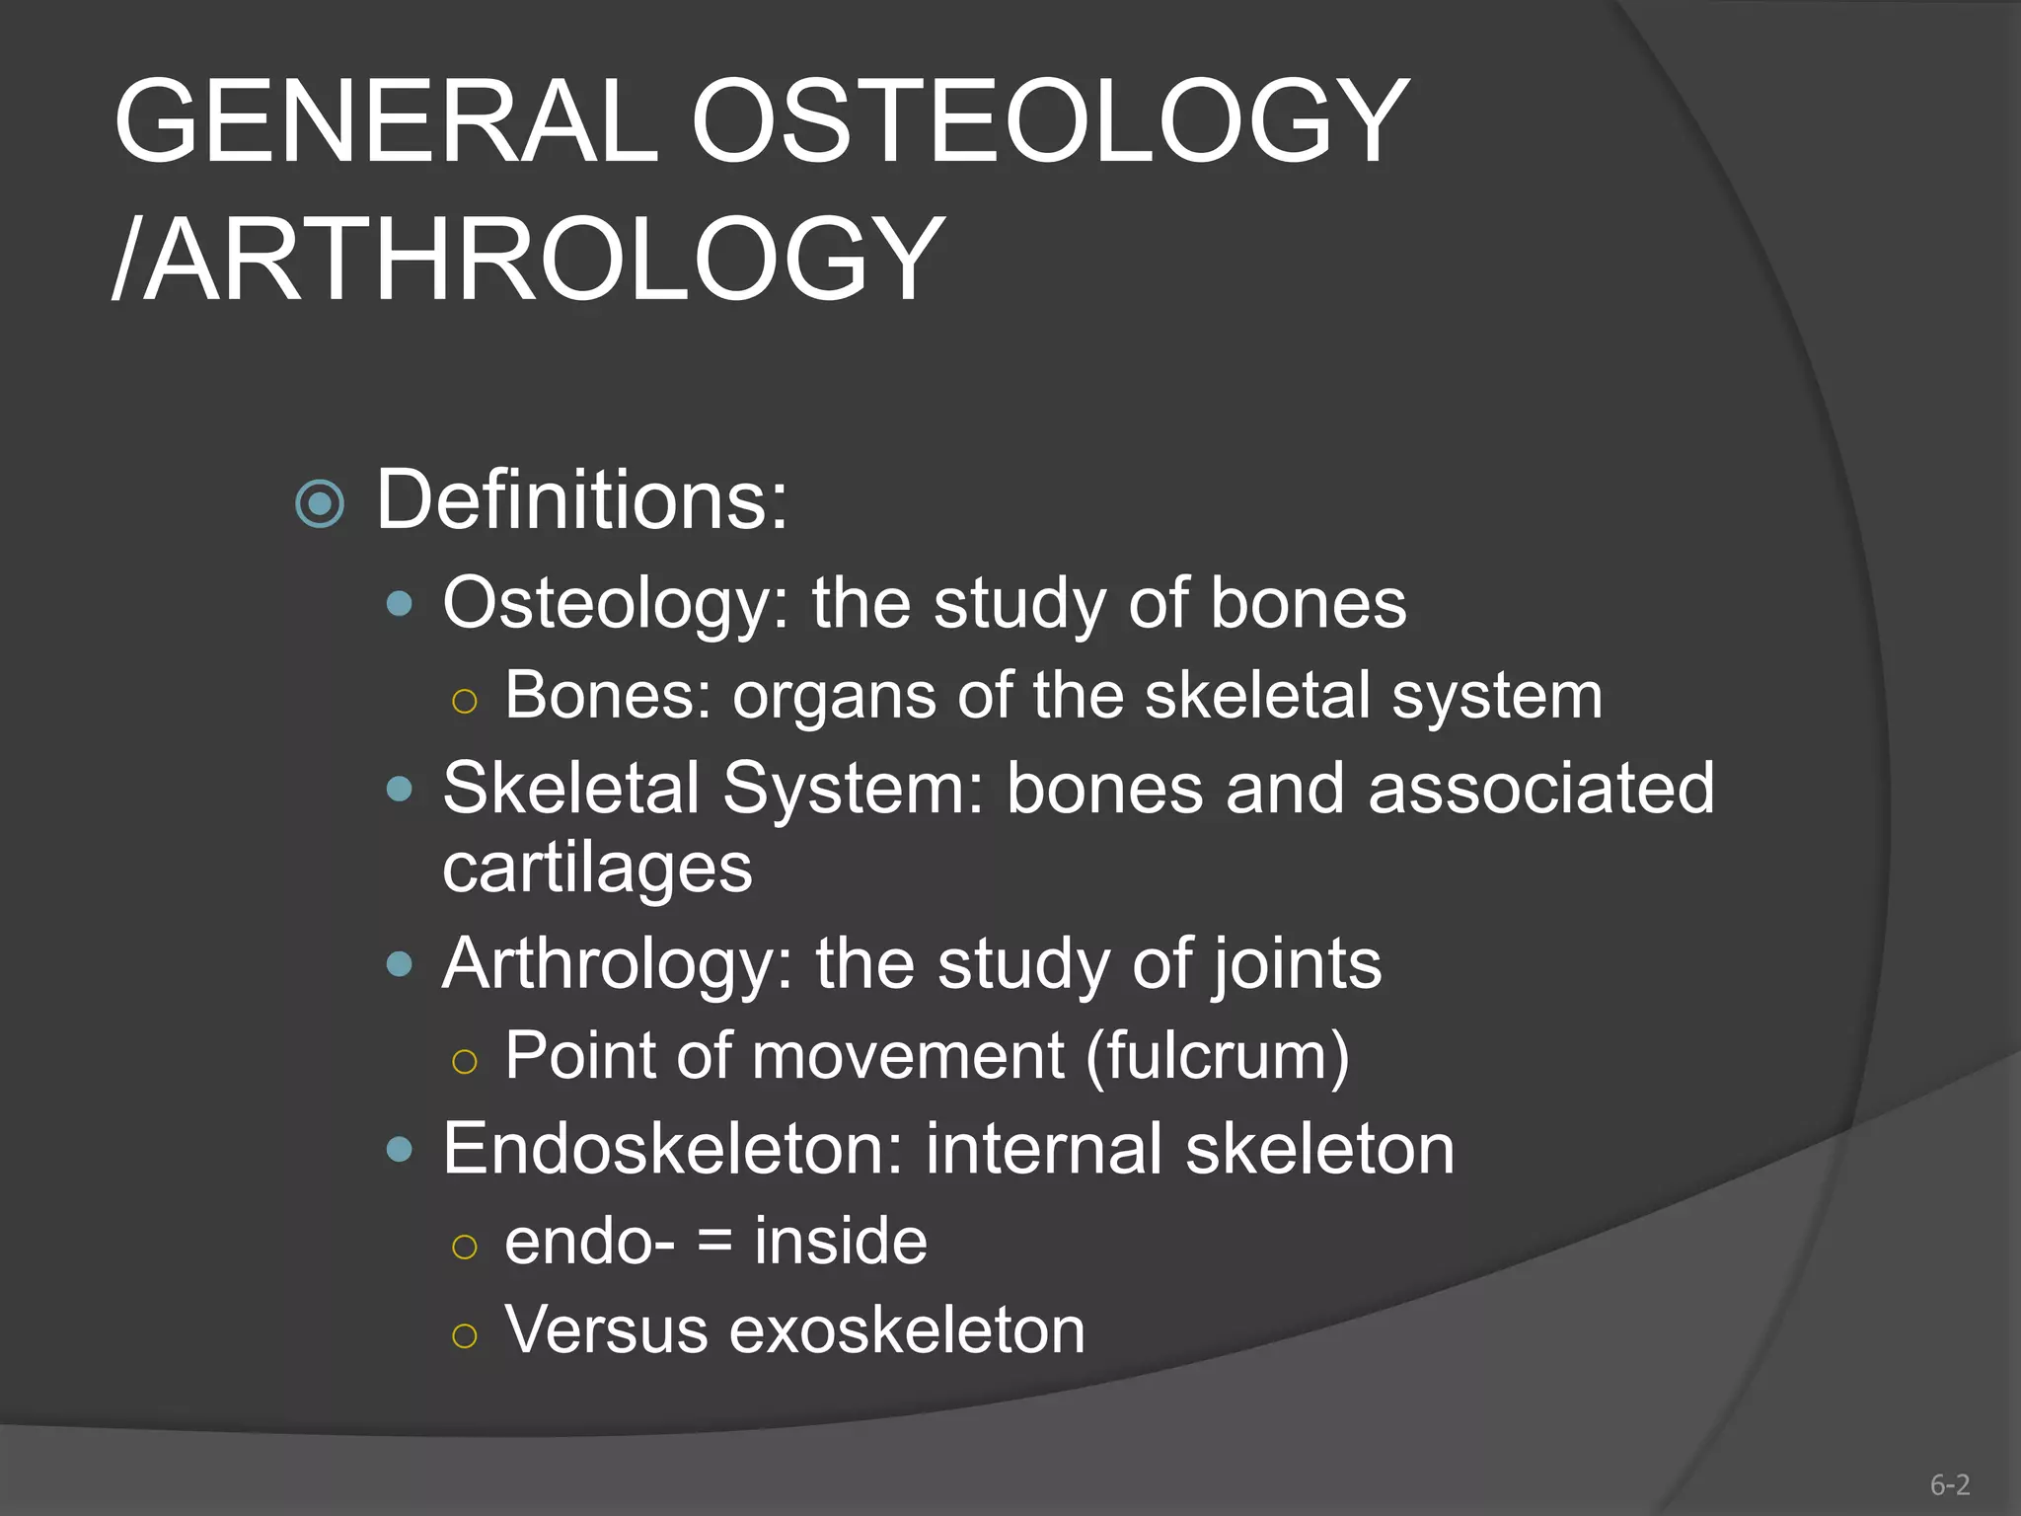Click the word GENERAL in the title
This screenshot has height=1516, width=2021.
tap(385, 122)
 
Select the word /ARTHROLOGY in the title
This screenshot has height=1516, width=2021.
tap(528, 260)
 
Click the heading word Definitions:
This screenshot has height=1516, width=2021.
tap(582, 500)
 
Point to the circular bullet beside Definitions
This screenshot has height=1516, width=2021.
tap(320, 504)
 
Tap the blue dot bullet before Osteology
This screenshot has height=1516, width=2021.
tap(400, 603)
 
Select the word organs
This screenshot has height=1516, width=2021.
tap(833, 696)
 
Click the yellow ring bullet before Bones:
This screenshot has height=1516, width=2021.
tap(464, 702)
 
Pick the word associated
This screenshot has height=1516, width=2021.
tap(1541, 789)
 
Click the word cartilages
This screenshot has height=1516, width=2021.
tap(597, 869)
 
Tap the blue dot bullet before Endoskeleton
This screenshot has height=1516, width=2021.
tap(400, 1149)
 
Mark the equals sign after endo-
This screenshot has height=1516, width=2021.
tap(714, 1242)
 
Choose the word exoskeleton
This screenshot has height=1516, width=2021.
tap(907, 1330)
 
